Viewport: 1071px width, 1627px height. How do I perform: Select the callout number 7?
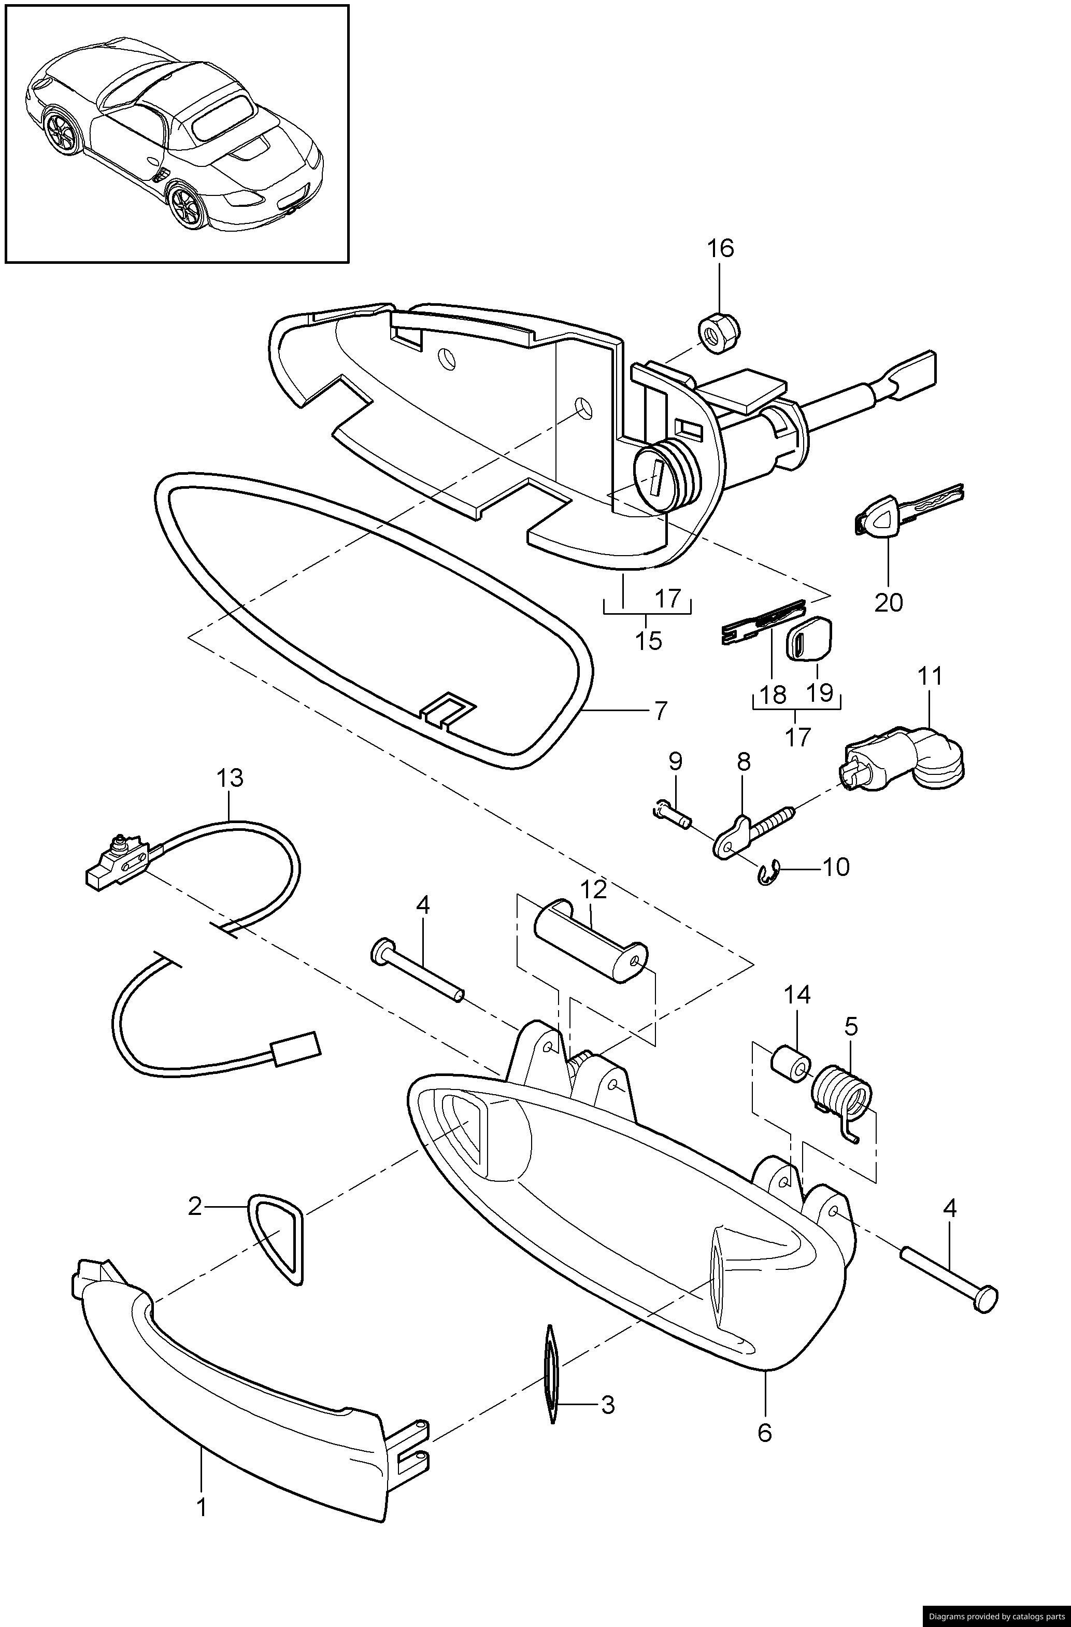[x=660, y=711]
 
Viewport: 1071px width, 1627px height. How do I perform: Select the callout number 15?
[x=647, y=641]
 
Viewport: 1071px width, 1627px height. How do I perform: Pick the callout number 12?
[x=593, y=889]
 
